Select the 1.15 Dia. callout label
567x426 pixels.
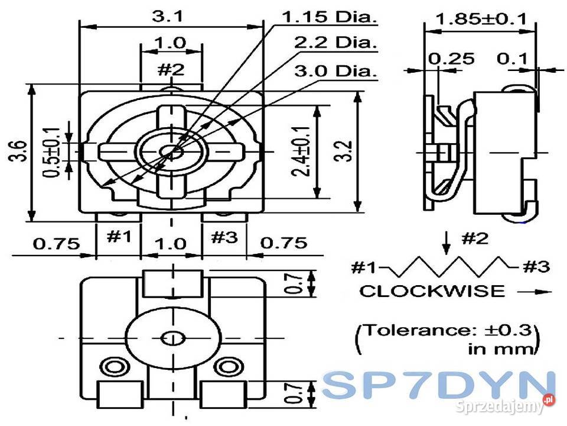pos(330,17)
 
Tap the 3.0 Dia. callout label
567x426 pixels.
pos(335,71)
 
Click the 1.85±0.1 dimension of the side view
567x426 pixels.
pos(480,19)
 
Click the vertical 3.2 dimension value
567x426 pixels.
pos(346,151)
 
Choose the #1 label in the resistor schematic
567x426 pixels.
pos(365,267)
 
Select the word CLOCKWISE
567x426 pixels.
pos(432,291)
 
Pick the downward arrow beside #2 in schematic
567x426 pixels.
pos(447,240)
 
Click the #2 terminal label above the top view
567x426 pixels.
pos(171,69)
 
